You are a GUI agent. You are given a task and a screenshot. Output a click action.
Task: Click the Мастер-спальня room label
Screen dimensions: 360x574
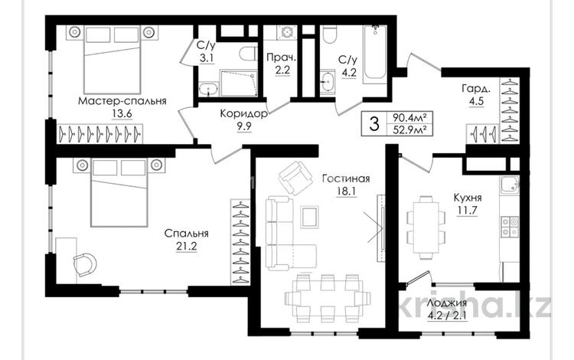(122, 100)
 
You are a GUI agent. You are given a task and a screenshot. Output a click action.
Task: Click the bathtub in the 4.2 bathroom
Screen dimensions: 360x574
(375, 54)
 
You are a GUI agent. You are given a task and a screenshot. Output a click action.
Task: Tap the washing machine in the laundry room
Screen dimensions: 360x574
(288, 34)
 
